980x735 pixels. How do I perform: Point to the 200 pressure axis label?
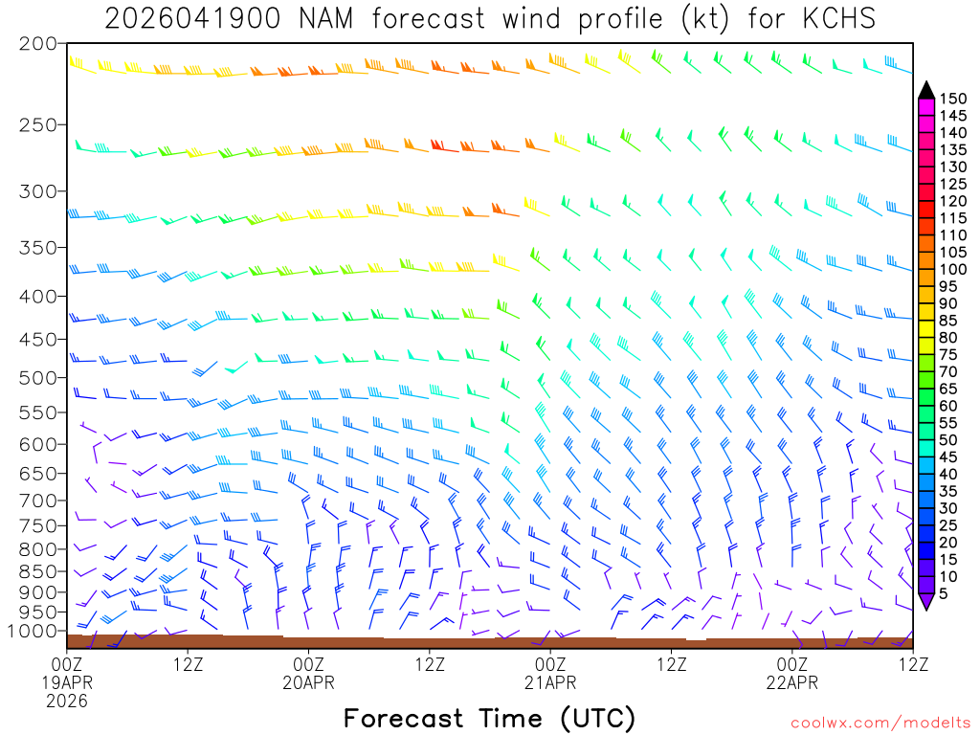point(38,44)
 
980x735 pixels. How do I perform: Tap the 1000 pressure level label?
point(34,631)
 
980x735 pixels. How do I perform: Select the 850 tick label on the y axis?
point(38,571)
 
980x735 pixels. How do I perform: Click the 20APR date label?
point(309,682)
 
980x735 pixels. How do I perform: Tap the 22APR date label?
point(792,682)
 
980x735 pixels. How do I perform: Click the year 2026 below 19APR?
point(67,701)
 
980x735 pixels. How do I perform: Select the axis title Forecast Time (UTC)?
point(489,718)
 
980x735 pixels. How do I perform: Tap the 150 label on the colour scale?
point(952,98)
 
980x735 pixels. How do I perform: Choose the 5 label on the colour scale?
point(944,594)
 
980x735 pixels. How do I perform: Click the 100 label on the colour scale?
point(952,270)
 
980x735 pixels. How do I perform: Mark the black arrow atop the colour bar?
point(925,90)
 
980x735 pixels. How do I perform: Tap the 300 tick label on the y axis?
point(38,190)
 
